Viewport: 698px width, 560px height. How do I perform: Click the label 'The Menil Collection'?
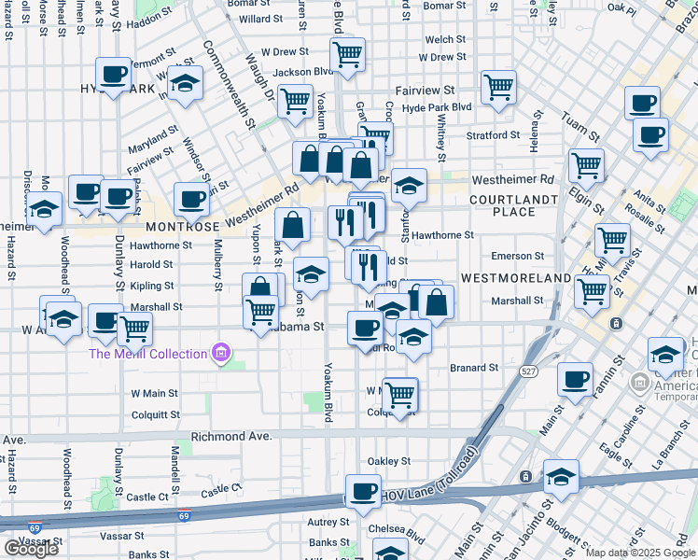tap(147, 354)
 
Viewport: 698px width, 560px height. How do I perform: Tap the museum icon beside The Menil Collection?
tap(221, 353)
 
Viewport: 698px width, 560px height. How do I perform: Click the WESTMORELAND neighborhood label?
tap(515, 278)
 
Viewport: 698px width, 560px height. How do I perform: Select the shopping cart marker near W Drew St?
tap(347, 55)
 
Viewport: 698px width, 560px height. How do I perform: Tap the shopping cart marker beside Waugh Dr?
tap(295, 101)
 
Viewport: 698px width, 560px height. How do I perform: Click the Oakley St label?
tap(389, 461)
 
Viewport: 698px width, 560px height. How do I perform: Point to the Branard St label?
tap(473, 368)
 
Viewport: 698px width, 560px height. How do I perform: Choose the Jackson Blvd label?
tap(303, 71)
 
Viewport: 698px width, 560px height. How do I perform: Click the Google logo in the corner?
tap(31, 549)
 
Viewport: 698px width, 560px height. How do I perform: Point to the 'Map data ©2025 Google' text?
tap(639, 553)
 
